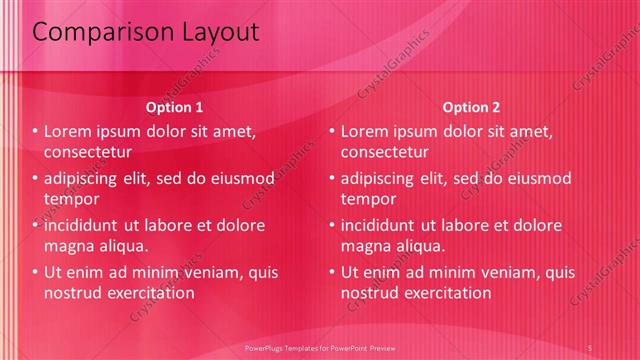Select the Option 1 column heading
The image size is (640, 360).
tap(175, 107)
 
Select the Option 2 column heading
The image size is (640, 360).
tap(472, 107)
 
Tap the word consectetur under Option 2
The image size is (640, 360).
tap(385, 152)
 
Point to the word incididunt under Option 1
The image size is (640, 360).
tap(83, 225)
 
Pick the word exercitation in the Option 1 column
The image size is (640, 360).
tap(151, 293)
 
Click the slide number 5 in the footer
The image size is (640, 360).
tap(591, 347)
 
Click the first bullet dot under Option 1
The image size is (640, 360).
tap(34, 131)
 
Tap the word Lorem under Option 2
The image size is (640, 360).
tap(364, 131)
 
